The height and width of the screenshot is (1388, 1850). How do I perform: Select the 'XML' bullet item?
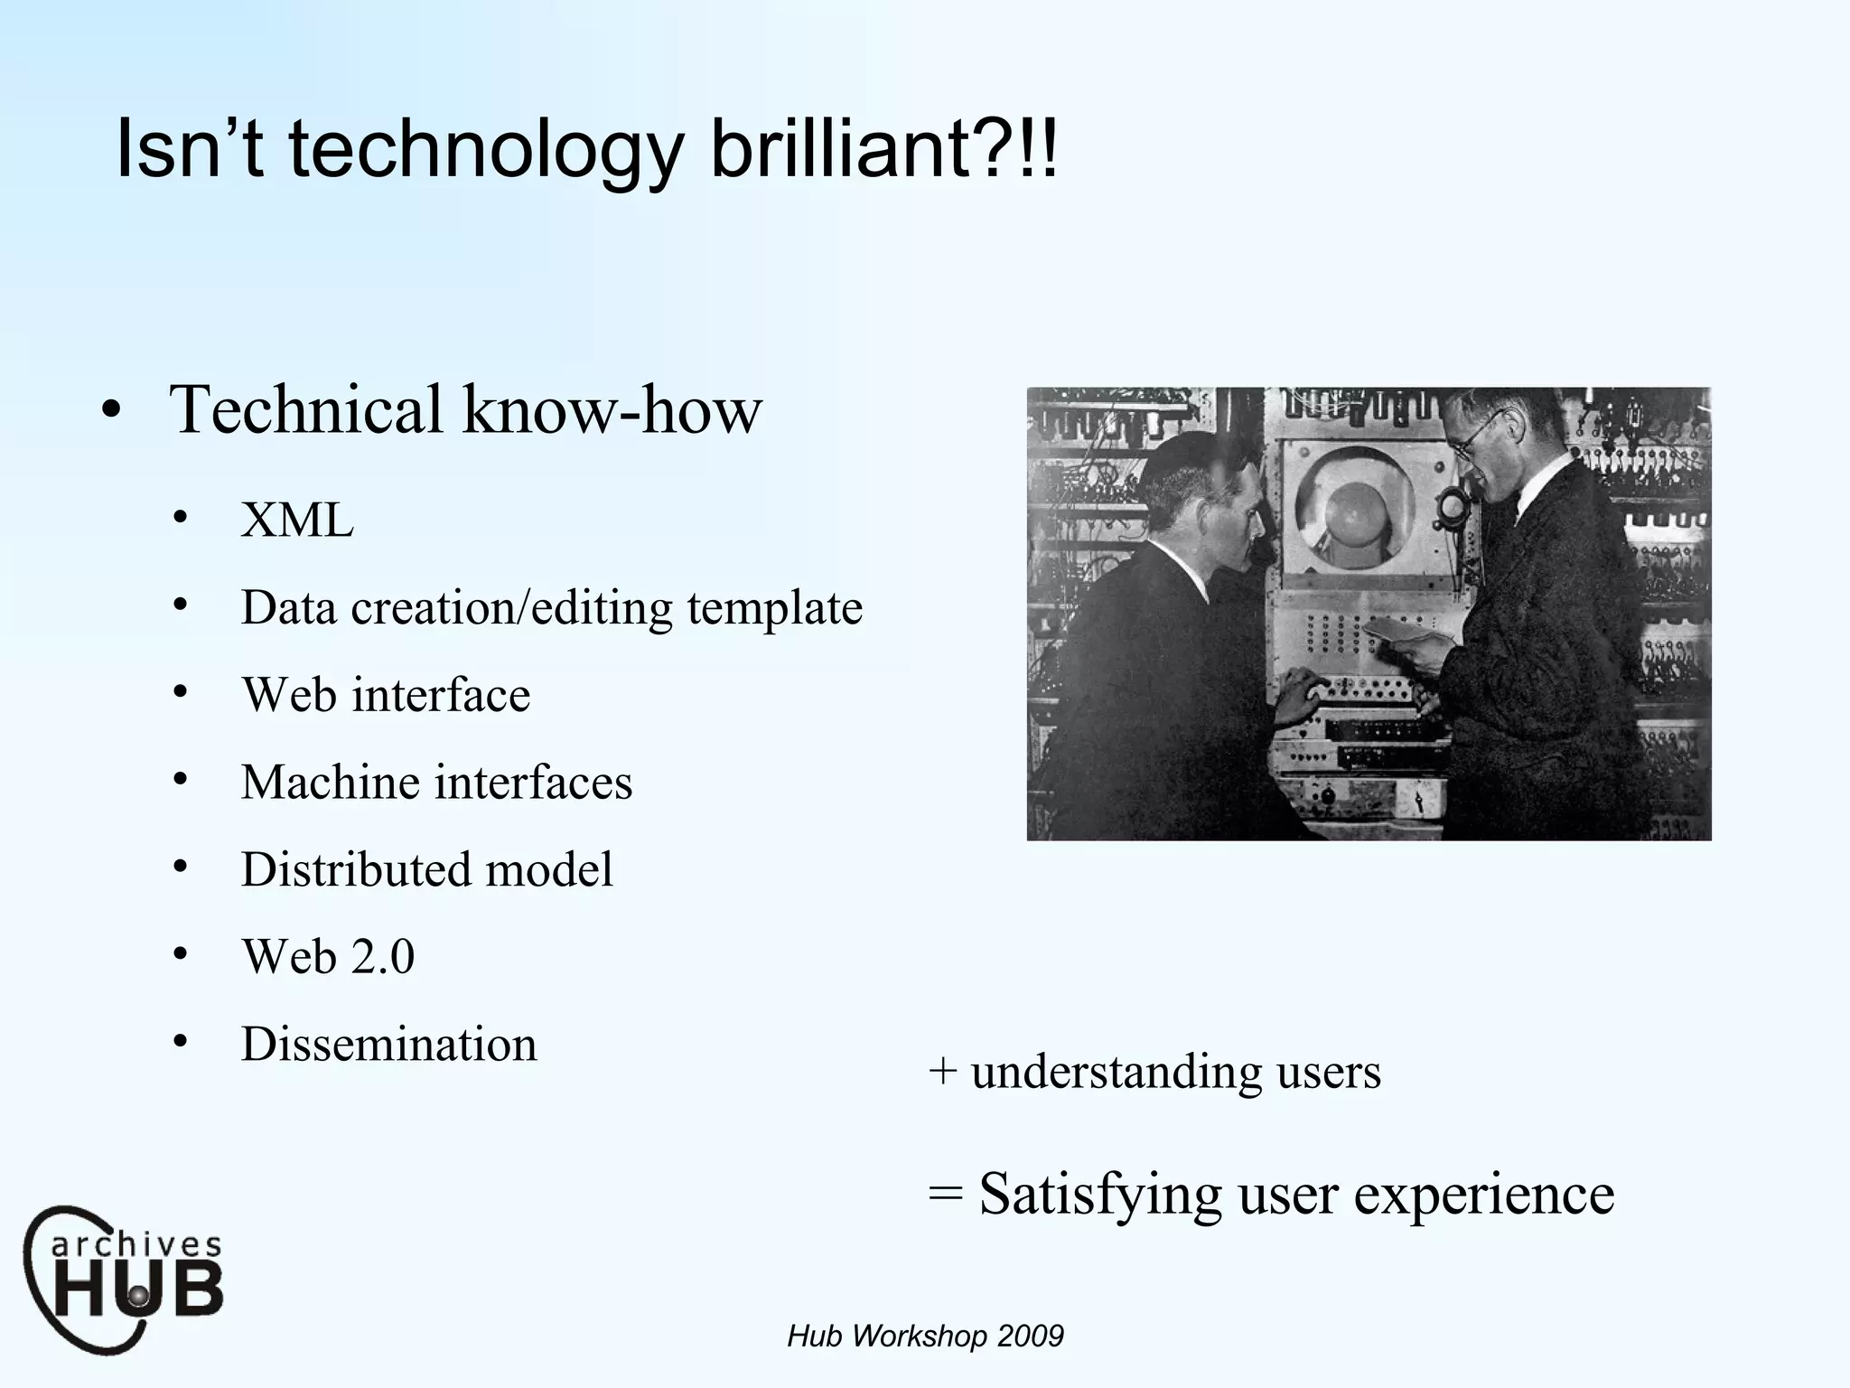tap(297, 521)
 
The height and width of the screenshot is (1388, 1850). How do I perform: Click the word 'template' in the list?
tap(774, 608)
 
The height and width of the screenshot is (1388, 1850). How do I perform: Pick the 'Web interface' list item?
tap(386, 695)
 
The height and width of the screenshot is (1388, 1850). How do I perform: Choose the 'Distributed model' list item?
tap(426, 869)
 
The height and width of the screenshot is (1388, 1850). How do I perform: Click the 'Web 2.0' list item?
tap(328, 956)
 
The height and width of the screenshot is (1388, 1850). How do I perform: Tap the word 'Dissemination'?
tap(388, 1044)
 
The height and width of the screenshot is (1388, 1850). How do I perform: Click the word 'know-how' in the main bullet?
tap(612, 409)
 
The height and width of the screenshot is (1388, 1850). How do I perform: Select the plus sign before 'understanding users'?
tap(942, 1072)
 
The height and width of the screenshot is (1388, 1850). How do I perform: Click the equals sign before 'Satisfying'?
tap(946, 1194)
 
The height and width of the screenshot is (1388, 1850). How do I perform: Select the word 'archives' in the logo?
tap(135, 1246)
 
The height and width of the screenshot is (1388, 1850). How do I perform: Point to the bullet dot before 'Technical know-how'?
tap(111, 411)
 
